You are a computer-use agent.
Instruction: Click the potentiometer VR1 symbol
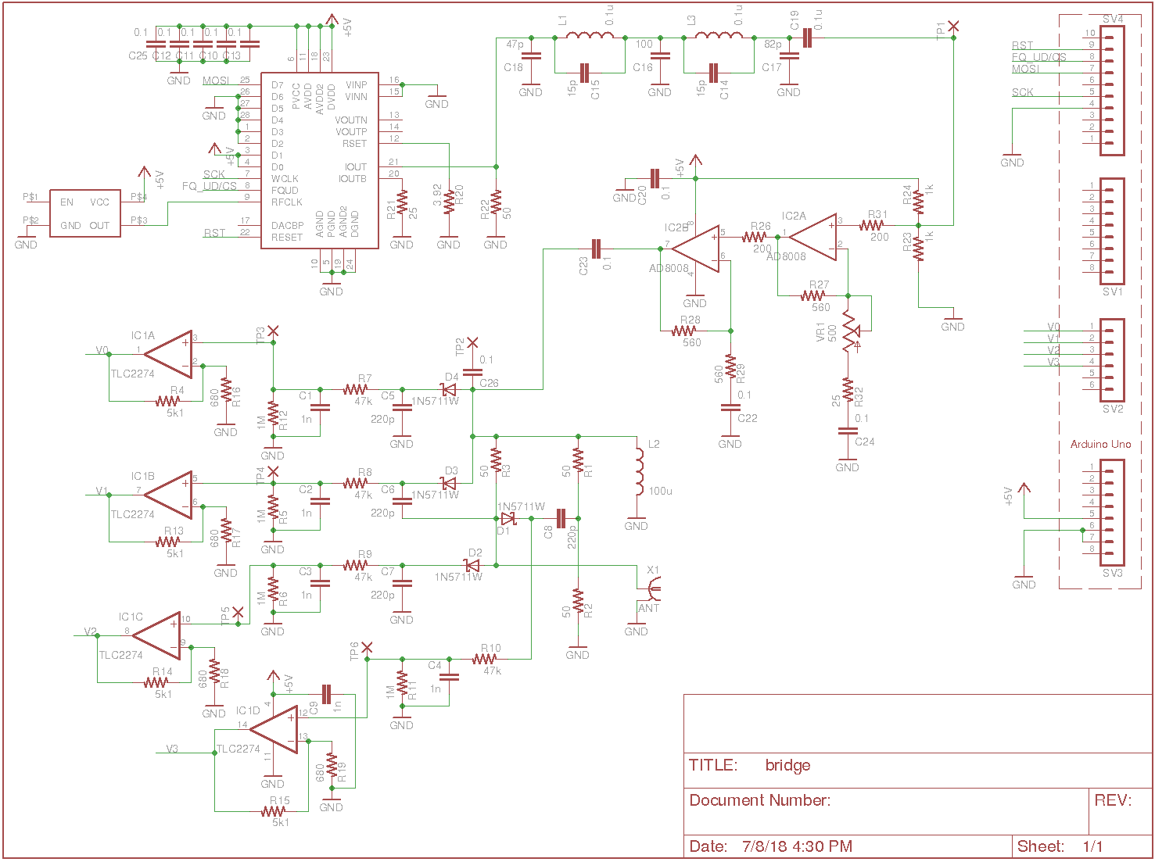[x=848, y=331]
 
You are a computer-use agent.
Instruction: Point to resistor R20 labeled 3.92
[x=449, y=201]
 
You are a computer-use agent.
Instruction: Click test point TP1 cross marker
[x=953, y=27]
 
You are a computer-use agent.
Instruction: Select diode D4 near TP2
[x=449, y=389]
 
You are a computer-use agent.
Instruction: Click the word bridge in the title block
[x=787, y=765]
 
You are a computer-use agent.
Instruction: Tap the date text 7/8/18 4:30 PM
[x=797, y=846]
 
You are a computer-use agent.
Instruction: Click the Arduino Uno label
[x=1100, y=444]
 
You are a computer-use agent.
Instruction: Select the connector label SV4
[x=1112, y=19]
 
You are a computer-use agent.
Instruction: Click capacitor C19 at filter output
[x=808, y=38]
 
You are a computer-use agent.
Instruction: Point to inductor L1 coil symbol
[x=590, y=36]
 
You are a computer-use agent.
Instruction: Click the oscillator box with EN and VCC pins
[x=85, y=213]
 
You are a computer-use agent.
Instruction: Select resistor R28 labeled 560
[x=684, y=331]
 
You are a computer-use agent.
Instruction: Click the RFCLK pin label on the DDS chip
[x=286, y=202]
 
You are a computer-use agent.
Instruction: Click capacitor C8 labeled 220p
[x=560, y=518]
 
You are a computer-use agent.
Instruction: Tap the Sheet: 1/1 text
[x=1060, y=846]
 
